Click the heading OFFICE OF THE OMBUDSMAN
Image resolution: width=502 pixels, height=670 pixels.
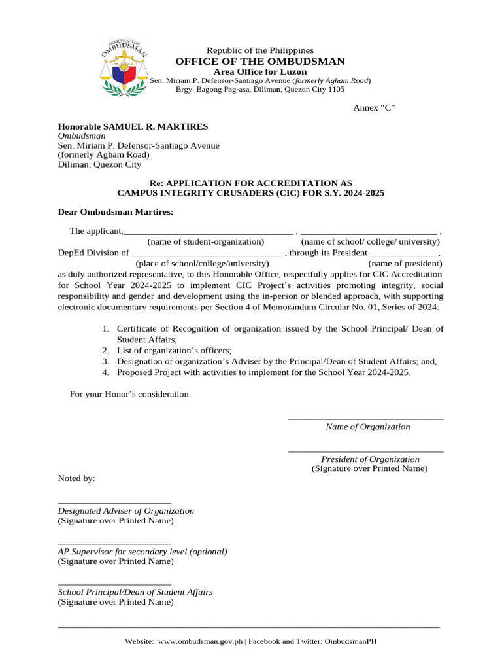tap(260, 62)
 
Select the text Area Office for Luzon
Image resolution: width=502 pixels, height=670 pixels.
tap(260, 71)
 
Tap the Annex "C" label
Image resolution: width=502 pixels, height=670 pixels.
tap(374, 107)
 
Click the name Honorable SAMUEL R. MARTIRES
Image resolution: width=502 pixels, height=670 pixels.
tap(133, 126)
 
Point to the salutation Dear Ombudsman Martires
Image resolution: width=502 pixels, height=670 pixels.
tap(116, 212)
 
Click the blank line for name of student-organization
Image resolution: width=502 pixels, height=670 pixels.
tap(209, 232)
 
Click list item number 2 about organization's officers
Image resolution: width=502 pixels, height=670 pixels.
tap(174, 351)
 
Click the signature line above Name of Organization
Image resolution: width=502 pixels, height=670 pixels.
tap(366, 418)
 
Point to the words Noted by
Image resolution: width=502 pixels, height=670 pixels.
tap(76, 478)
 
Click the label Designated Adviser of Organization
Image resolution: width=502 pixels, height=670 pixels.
tap(126, 510)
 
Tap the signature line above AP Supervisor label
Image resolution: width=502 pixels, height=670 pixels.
tap(114, 543)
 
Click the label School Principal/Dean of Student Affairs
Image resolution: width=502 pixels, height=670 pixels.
tap(135, 591)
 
